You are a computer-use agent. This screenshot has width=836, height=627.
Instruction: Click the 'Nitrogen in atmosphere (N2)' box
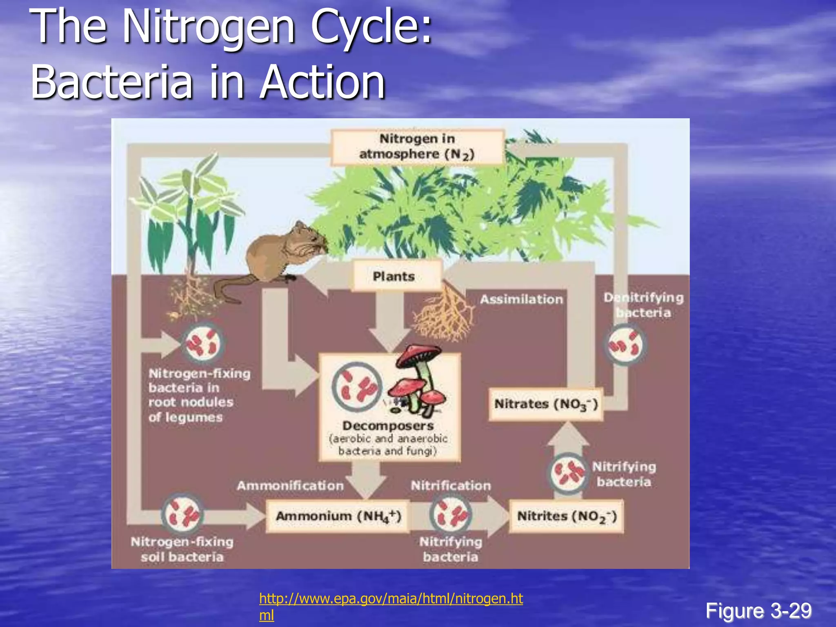pos(417,147)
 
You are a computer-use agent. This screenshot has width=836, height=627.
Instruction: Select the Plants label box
pos(394,276)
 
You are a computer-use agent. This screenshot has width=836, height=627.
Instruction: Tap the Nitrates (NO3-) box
pos(546,404)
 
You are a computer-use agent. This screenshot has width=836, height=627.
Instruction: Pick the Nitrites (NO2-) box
pos(567,516)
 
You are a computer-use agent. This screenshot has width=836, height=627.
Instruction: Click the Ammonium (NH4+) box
pos(338,516)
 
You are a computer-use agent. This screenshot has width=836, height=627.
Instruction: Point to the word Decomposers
pos(388,426)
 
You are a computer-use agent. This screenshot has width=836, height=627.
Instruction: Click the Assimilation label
pos(521,299)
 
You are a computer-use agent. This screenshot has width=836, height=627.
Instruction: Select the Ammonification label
pos(290,485)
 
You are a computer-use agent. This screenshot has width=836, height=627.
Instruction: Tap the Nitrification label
pos(451,485)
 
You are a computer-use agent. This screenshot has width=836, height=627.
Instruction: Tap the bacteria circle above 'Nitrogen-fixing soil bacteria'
pos(182,514)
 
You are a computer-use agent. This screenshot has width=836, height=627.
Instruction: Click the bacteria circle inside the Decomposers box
pos(357,387)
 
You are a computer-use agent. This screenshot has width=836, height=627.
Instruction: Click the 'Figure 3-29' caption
pos(758,611)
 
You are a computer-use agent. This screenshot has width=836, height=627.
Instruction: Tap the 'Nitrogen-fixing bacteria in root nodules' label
pos(199,395)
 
